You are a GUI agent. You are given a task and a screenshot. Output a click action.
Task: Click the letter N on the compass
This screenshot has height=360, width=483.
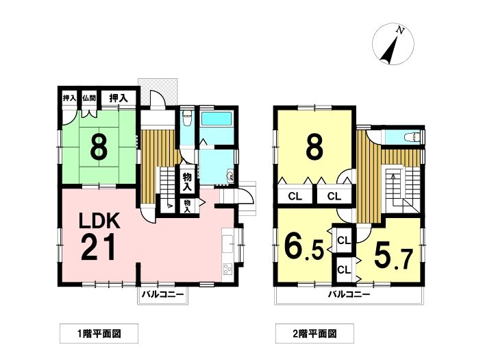point(400,30)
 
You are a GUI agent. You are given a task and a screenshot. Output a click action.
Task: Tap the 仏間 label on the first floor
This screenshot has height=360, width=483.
point(89,98)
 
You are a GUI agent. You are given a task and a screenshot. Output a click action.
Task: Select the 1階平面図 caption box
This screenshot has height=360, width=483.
point(99,333)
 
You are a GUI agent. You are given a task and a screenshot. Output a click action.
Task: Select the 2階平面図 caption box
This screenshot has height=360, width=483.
point(314,333)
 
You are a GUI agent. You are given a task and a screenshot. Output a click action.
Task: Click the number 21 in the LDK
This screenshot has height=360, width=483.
point(99,247)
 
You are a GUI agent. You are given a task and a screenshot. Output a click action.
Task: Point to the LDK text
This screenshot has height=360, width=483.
point(99,220)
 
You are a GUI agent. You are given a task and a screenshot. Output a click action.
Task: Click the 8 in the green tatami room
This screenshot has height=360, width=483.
point(99,147)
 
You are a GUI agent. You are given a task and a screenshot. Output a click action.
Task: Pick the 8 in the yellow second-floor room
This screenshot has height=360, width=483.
point(314,147)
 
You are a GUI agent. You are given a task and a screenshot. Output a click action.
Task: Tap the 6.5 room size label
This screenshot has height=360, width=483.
point(304,246)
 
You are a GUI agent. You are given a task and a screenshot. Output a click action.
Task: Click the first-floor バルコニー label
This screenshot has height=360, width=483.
point(162,294)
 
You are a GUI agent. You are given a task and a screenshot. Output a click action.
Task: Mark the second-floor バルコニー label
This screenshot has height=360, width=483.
point(349,294)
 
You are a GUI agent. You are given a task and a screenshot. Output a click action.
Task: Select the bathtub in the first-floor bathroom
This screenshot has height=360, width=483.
point(216,119)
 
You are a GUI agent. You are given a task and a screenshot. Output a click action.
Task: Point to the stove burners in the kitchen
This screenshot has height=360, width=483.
point(227,269)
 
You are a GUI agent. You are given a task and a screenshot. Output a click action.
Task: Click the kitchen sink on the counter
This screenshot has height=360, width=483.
point(227,241)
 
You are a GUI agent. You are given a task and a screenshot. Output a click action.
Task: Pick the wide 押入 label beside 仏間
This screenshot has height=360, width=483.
point(119,98)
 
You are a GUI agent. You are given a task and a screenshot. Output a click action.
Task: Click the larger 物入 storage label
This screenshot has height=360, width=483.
point(187,182)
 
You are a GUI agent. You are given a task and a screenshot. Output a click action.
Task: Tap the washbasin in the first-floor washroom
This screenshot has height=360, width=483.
point(230,176)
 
